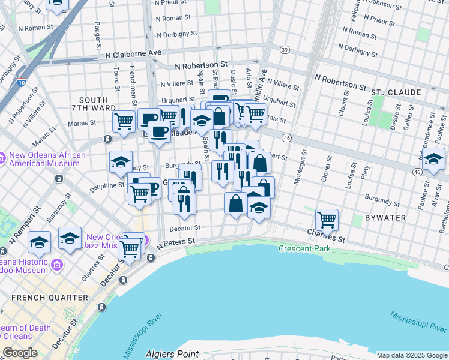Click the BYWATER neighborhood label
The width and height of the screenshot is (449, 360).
(384, 217)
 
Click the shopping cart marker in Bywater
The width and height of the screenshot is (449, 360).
(327, 220)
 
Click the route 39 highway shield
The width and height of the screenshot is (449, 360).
(285, 49)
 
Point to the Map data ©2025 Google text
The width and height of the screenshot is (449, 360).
(412, 355)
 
